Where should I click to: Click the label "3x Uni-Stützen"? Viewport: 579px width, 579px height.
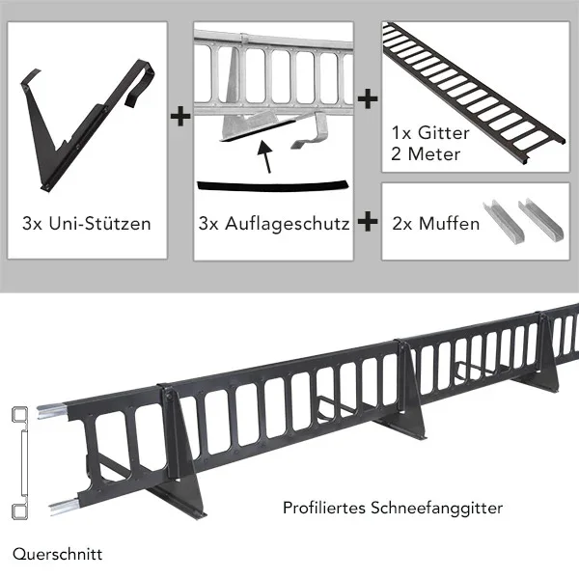[x=87, y=224]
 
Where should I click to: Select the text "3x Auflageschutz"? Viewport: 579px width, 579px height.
[x=274, y=224]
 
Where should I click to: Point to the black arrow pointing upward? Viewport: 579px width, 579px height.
[x=266, y=156]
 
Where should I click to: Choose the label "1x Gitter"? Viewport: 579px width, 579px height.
[x=430, y=133]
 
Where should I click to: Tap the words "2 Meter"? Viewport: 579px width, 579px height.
[x=426, y=154]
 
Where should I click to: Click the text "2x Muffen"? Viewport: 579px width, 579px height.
[x=436, y=224]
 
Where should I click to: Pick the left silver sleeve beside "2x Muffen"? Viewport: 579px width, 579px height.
[x=504, y=219]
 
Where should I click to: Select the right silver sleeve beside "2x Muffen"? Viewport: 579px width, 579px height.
[x=541, y=217]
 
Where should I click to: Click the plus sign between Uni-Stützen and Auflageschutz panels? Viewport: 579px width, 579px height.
[x=180, y=117]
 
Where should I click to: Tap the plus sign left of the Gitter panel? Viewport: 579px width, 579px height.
[x=368, y=99]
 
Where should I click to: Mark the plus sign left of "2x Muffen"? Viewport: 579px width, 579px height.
[x=368, y=222]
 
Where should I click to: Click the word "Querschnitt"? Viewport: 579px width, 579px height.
[x=57, y=555]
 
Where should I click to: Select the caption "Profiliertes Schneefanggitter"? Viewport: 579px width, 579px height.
[x=393, y=509]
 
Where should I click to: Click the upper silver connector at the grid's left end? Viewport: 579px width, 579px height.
[x=51, y=411]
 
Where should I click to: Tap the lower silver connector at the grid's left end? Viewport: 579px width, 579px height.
[x=64, y=506]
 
